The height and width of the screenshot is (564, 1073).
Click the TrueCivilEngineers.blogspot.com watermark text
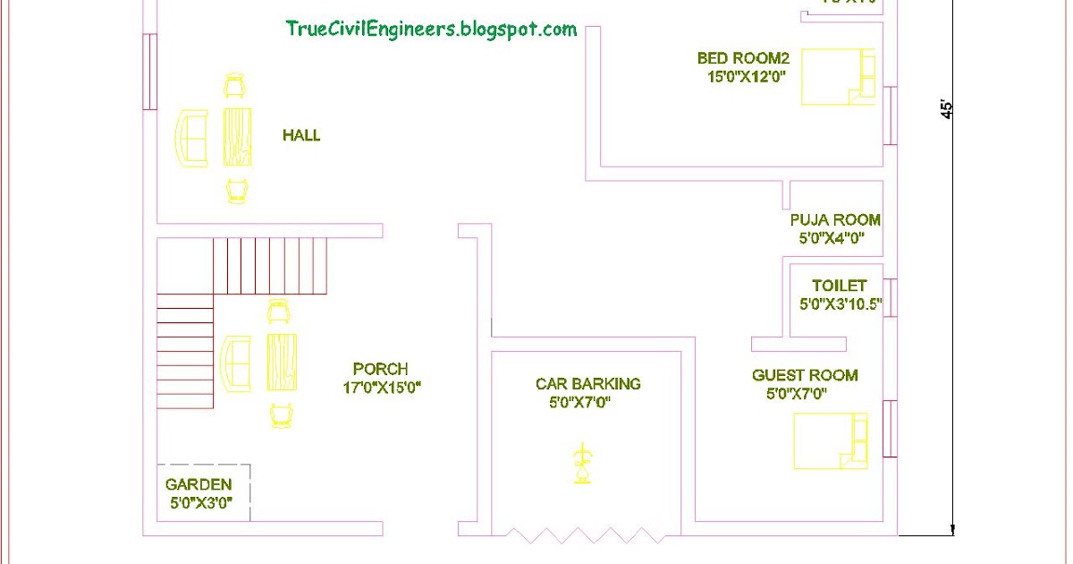tap(431, 29)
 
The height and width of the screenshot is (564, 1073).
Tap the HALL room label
tap(301, 136)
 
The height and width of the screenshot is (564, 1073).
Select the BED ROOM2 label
tap(743, 59)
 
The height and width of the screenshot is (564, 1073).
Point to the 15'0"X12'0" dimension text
tap(746, 77)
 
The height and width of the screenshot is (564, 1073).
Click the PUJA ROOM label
tap(835, 220)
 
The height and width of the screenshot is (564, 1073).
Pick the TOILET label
tap(839, 286)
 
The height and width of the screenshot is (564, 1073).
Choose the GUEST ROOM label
tap(805, 376)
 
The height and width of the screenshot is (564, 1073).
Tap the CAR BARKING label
tap(587, 384)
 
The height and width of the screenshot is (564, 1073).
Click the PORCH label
tap(380, 369)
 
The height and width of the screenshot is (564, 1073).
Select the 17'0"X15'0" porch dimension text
tap(381, 388)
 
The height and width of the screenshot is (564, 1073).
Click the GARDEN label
tap(199, 484)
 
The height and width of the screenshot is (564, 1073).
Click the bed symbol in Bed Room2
tap(838, 77)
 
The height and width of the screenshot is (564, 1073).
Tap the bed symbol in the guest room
tap(830, 440)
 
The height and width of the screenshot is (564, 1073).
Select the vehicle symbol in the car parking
tap(582, 464)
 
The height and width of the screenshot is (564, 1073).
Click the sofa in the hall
tap(190, 137)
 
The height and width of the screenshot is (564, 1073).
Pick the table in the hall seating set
tap(237, 137)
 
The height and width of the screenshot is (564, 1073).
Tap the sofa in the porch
tap(236, 363)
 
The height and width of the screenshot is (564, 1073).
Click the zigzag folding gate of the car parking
tap(586, 534)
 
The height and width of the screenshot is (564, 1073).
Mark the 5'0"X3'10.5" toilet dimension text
tap(841, 304)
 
